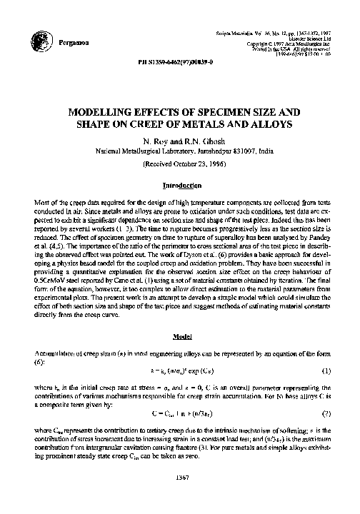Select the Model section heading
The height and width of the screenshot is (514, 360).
(x=179, y=336)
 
